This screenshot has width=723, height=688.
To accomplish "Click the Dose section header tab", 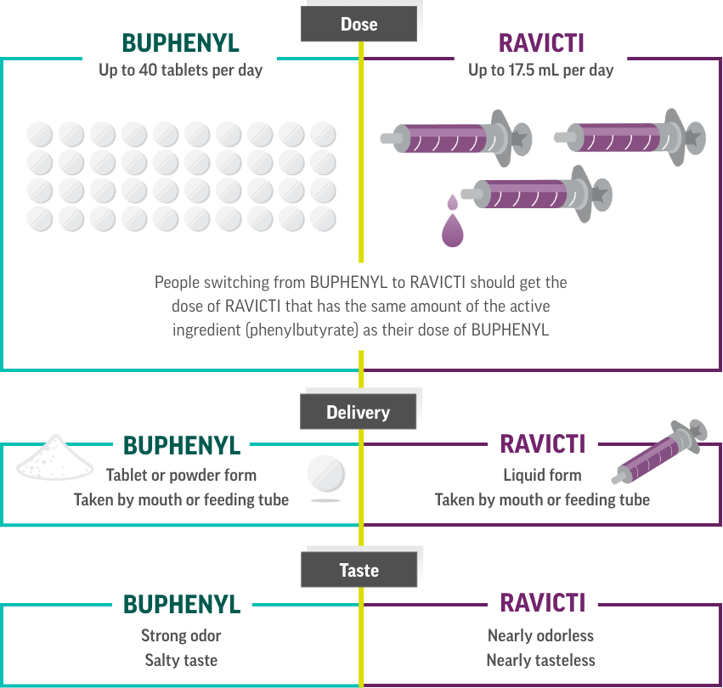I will click(x=359, y=24).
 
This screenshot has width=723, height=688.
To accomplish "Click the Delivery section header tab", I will click(x=359, y=413).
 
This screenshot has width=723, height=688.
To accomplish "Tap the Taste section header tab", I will click(x=359, y=570).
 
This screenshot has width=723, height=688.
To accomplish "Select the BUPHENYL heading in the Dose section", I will click(x=180, y=43).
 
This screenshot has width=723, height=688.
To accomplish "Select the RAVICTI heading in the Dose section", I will click(x=541, y=43).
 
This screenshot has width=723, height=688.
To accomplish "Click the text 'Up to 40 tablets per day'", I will click(x=180, y=70).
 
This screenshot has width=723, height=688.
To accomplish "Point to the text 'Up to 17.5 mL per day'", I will click(x=540, y=70).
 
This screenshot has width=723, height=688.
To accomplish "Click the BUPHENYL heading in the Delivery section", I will click(x=182, y=445).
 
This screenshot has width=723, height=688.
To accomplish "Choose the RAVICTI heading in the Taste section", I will click(x=542, y=603).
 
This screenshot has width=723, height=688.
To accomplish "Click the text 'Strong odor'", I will click(x=181, y=635).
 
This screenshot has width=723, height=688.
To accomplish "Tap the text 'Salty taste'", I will click(x=181, y=660).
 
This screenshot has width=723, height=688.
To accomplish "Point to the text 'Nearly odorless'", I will click(x=541, y=635).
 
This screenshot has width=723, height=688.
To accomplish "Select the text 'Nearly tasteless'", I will click(x=541, y=660).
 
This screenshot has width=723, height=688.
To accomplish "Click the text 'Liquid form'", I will click(x=542, y=475).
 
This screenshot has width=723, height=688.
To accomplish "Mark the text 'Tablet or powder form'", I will click(x=181, y=475).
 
